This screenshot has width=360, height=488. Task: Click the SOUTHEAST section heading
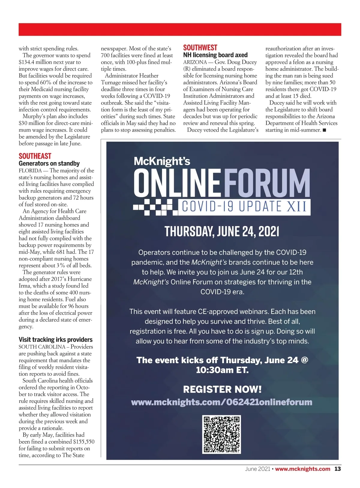click(x=35, y=156)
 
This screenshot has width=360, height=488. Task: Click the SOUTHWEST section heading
click(x=200, y=48)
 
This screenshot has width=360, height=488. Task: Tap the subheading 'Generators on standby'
click(x=49, y=164)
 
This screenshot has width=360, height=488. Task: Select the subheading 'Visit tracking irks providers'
click(x=55, y=340)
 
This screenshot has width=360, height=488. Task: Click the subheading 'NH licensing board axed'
click(x=215, y=55)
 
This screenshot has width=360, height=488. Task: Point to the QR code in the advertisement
click(x=222, y=434)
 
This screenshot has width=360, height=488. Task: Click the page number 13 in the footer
click(x=338, y=469)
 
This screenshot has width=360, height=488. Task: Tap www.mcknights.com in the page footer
click(x=302, y=469)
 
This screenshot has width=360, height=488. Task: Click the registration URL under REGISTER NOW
click(x=222, y=402)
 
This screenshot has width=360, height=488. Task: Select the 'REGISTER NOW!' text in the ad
click(x=222, y=390)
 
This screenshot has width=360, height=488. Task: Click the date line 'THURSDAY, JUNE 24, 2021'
click(x=222, y=231)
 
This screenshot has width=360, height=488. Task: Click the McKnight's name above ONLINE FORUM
click(x=162, y=161)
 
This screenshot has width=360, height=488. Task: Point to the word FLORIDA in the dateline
click(x=30, y=171)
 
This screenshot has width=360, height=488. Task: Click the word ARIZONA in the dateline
click(x=195, y=62)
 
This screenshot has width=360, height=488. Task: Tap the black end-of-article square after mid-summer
click(x=324, y=130)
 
